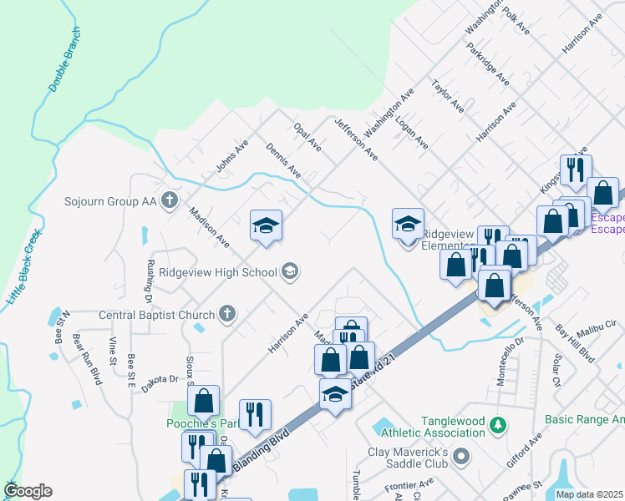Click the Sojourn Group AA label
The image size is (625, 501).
[110, 201]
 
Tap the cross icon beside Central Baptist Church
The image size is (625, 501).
[226, 314]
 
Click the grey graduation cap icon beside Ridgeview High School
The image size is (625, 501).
[290, 270]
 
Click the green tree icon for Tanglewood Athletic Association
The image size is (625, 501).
[499, 425]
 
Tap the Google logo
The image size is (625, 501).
[28, 491]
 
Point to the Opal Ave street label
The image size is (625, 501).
[307, 137]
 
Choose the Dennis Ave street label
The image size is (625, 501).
[283, 159]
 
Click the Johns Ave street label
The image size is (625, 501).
[232, 156]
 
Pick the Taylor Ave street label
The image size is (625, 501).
[447, 97]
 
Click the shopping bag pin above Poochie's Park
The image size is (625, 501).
[203, 401]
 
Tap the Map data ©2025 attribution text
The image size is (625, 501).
[588, 494]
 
